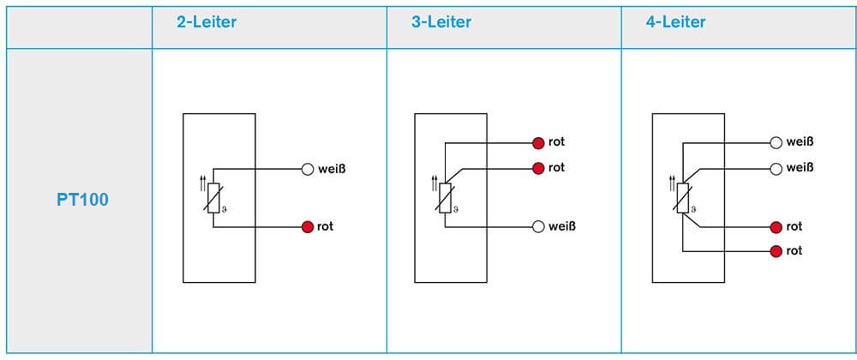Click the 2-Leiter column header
point(206,22)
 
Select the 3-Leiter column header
point(440,22)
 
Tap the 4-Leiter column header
point(675,22)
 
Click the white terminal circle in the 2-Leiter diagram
point(308,169)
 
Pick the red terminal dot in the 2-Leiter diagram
point(308,227)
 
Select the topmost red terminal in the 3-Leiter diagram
point(538,142)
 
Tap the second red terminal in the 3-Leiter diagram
point(538,168)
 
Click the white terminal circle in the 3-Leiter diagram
point(538,226)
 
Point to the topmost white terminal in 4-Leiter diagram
point(776,142)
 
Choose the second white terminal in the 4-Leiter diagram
point(776,168)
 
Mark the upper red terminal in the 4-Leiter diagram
point(776,227)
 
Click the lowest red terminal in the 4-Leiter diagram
point(776,251)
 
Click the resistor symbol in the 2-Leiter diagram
point(213,198)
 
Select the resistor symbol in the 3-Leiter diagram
point(445,198)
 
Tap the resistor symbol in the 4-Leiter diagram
point(682,198)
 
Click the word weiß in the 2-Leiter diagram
point(332,169)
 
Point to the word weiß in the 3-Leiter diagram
point(562,226)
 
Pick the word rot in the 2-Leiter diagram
point(325,227)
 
